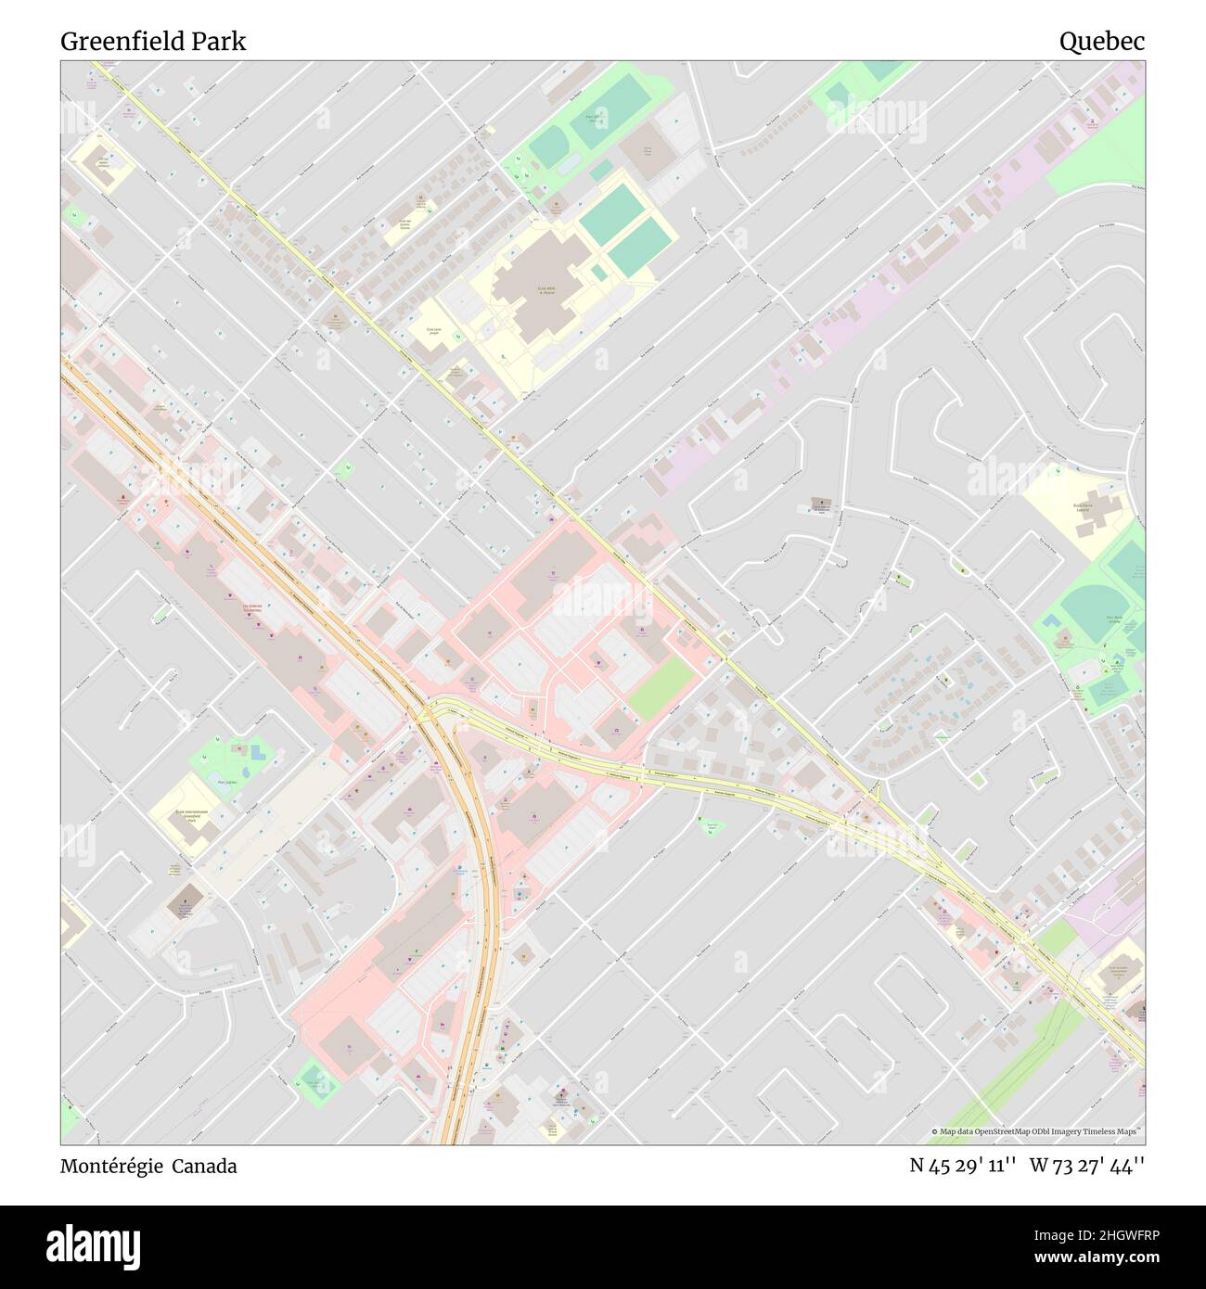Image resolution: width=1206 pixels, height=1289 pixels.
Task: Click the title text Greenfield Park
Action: tap(153, 42)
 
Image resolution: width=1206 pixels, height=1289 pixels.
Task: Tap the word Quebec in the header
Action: tap(1102, 42)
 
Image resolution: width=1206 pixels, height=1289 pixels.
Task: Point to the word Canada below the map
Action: tap(209, 1167)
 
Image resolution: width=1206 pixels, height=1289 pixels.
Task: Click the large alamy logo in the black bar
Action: tap(90, 1245)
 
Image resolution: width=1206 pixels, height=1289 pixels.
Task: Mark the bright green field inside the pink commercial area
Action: tap(661, 688)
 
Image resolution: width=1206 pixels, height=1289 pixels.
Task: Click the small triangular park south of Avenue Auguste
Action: tap(710, 825)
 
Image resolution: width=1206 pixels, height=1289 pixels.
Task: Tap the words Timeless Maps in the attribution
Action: tap(1116, 1131)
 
